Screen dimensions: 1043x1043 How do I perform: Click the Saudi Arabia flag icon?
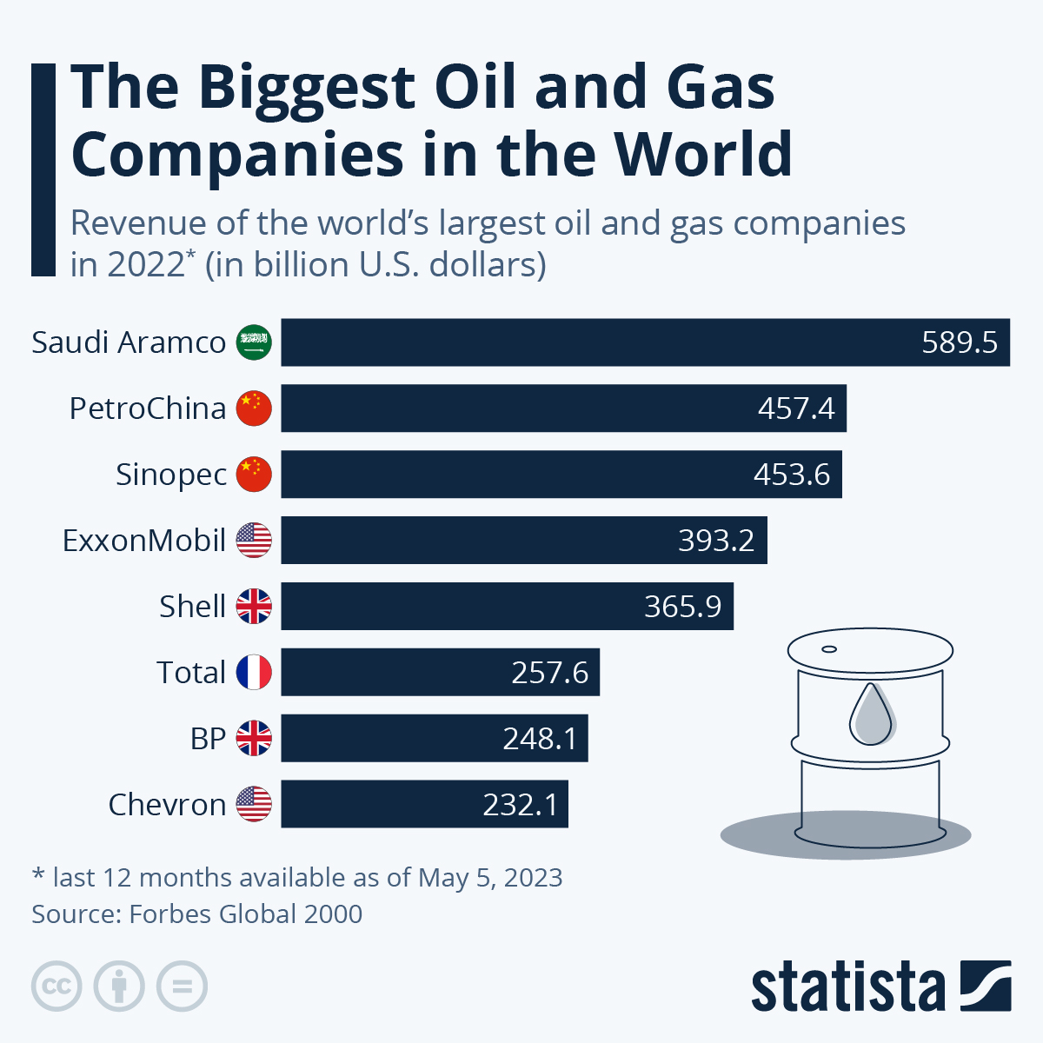click(x=254, y=342)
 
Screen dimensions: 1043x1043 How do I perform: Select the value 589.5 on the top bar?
click(x=960, y=342)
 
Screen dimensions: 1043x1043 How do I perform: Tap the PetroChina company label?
click(x=147, y=409)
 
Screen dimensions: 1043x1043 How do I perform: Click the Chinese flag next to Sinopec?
click(x=254, y=475)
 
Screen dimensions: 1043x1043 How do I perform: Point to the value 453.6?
click(x=792, y=475)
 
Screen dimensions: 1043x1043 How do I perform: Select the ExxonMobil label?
click(x=143, y=541)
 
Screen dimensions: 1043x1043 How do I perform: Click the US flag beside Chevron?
click(x=254, y=804)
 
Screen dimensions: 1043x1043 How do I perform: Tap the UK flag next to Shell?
click(x=254, y=607)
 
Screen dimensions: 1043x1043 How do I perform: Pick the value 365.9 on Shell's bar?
click(x=682, y=607)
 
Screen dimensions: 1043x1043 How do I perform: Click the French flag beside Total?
click(x=254, y=673)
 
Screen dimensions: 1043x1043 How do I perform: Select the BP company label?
click(x=208, y=739)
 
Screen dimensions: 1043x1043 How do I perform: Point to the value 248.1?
click(x=540, y=739)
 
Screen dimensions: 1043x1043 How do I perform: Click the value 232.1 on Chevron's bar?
click(x=521, y=805)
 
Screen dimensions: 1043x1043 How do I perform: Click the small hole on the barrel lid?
click(x=829, y=649)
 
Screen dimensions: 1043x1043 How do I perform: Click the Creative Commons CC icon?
click(x=56, y=987)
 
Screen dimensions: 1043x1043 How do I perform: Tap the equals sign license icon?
click(x=182, y=987)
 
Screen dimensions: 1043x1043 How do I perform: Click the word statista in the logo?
click(x=847, y=988)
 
